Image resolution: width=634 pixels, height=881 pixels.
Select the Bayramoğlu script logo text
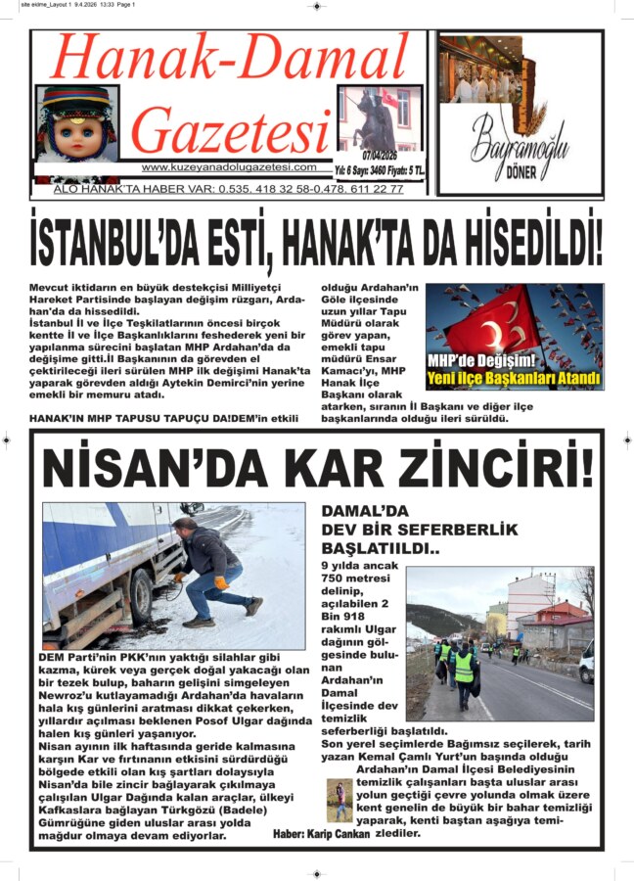[x=520, y=144]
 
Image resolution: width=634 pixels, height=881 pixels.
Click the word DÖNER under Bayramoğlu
[x=520, y=179]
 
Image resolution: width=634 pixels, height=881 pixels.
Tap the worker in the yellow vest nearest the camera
[x=464, y=671]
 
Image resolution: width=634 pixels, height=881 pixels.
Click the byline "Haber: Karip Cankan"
[x=322, y=834]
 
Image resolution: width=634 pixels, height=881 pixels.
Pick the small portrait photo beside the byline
[x=339, y=800]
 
